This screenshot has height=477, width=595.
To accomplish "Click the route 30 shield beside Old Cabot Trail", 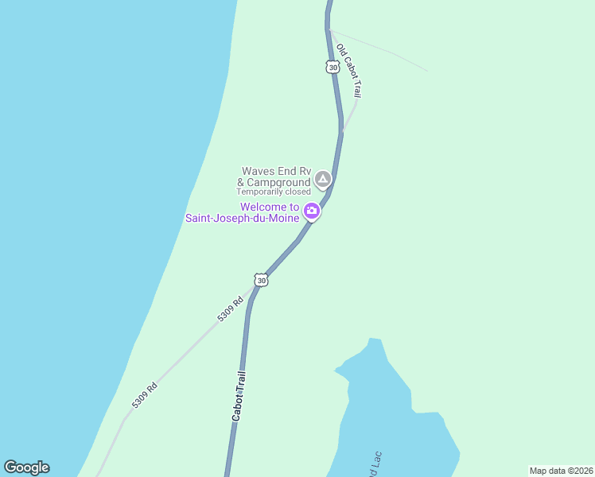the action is [332, 68].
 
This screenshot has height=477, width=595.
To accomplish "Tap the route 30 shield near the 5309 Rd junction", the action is [261, 280].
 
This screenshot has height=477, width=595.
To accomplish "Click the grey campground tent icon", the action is [322, 180].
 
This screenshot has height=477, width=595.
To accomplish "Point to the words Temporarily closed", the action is [274, 192].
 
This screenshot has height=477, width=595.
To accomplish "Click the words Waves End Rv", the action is [275, 171].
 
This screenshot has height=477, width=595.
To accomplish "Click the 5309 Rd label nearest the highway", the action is [230, 309].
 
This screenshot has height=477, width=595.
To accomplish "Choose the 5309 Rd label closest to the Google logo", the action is [145, 395].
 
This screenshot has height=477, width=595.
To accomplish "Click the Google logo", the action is [27, 467].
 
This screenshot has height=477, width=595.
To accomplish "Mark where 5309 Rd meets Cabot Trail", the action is [252, 292].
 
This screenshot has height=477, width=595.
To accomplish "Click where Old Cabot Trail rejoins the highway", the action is [342, 131].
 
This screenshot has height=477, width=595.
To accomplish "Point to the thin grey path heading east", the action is [382, 50].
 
